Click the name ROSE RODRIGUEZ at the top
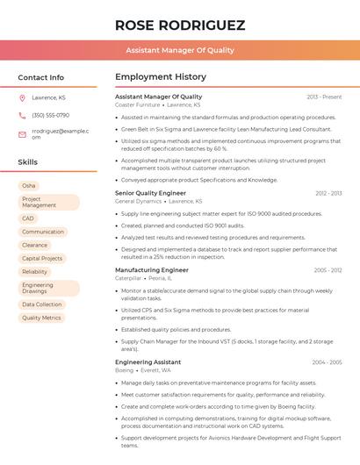[180, 25]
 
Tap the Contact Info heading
[40, 77]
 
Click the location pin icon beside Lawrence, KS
[22, 97]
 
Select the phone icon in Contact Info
[22, 115]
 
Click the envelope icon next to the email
[22, 133]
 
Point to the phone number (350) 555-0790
[50, 115]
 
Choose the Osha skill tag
[29, 186]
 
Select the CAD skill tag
[28, 218]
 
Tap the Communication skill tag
[43, 232]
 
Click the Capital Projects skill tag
[42, 259]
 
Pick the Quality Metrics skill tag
[41, 318]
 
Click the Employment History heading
[161, 77]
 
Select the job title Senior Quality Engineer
[150, 193]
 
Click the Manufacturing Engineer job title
[152, 270]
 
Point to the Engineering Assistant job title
[148, 362]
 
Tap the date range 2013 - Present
[324, 97]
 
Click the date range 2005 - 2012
[327, 270]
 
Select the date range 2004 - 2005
[327, 362]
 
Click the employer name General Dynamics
[139, 201]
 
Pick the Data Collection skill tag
[41, 304]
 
